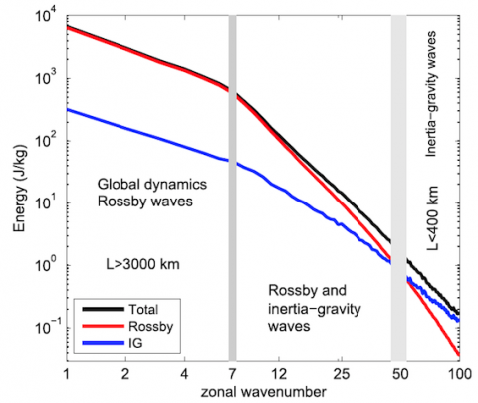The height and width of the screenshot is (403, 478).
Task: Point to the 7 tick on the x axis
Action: [x=232, y=374]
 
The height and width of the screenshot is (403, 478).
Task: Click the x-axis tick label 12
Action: [x=279, y=374]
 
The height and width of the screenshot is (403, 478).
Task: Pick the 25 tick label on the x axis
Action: [x=342, y=374]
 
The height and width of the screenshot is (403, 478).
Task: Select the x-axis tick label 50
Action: [x=400, y=374]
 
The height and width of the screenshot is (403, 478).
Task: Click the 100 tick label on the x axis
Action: [x=459, y=374]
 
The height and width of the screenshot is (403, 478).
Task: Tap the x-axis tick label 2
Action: [x=125, y=374]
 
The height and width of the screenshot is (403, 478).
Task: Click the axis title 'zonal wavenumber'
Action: [x=263, y=392]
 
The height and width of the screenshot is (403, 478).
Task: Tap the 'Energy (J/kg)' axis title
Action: [x=20, y=189]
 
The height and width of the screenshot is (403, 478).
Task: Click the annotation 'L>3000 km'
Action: [x=142, y=264]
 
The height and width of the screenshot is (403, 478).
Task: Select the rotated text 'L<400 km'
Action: [x=432, y=218]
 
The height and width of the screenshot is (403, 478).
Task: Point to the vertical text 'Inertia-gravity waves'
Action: [x=431, y=94]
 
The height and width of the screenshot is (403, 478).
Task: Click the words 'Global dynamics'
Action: [x=152, y=184]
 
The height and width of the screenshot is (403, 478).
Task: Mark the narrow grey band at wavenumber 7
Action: [x=232, y=189]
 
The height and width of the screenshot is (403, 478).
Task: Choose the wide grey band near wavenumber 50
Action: [x=398, y=189]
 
